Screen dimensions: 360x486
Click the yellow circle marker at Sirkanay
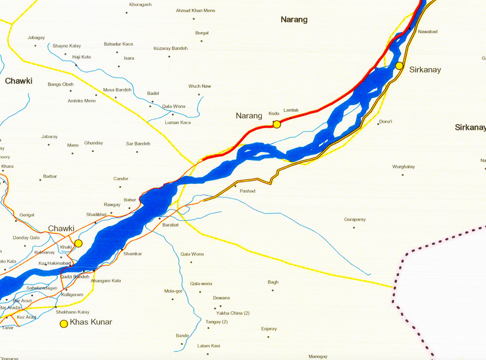tap(399, 66)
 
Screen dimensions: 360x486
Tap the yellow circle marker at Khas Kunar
tap(63, 324)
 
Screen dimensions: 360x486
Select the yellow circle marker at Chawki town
tap(78, 243)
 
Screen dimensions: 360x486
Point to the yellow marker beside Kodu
tap(276, 124)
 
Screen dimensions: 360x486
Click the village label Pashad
tap(248, 191)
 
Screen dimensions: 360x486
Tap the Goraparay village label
tap(355, 219)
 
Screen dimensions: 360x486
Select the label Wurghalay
tap(404, 166)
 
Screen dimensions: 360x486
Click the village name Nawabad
tap(428, 31)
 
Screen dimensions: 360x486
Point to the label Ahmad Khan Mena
tap(195, 10)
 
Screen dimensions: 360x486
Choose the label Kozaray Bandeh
tap(171, 48)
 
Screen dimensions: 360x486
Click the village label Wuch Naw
tap(199, 86)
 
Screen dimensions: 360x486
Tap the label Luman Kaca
tap(177, 122)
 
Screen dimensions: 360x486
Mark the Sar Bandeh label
tap(138, 144)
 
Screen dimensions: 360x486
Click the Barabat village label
tap(171, 224)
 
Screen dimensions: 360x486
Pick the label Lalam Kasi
tap(208, 345)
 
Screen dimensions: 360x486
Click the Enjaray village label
tap(269, 328)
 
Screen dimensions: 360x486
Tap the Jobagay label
tap(36, 38)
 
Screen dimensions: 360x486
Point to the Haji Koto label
tap(81, 57)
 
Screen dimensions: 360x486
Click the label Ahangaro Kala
tap(106, 280)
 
